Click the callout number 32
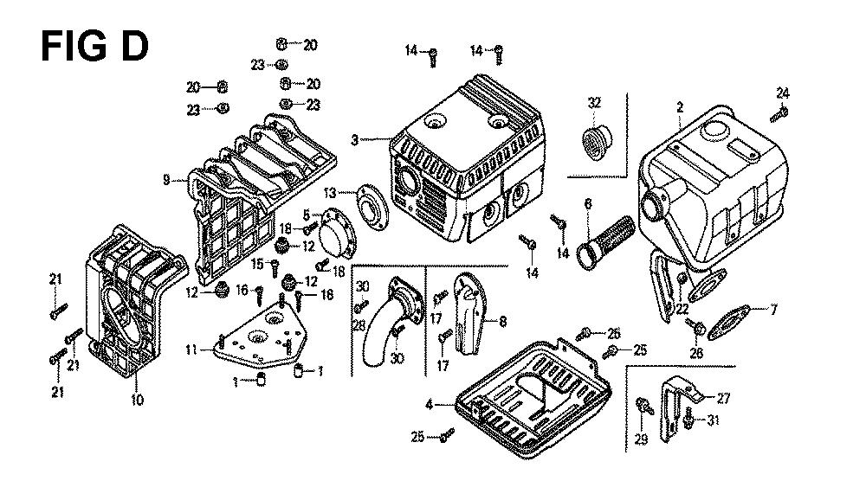(594, 103)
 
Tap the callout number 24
(783, 93)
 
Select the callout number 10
(138, 399)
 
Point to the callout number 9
(166, 180)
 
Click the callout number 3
(354, 140)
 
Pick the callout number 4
(430, 405)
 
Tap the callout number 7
(773, 310)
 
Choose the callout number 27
(723, 399)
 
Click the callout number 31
(714, 420)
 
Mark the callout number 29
(641, 439)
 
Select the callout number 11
(191, 349)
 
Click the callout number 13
(330, 193)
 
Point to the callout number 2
(680, 107)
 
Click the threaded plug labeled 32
(597, 143)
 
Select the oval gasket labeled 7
(729, 322)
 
